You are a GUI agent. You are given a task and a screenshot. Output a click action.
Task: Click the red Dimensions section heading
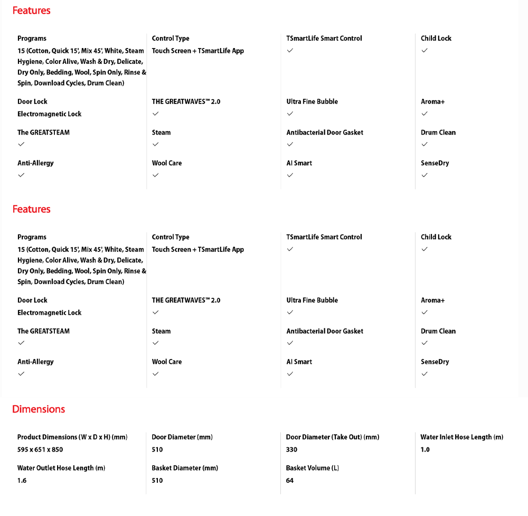click(39, 409)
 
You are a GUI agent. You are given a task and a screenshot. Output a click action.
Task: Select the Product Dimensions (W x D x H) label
click(72, 437)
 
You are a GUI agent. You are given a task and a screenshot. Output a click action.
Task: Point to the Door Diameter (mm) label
click(182, 437)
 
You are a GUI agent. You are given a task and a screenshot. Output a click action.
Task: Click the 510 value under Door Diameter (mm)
click(157, 449)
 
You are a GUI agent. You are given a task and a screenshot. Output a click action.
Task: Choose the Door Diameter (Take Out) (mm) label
click(333, 437)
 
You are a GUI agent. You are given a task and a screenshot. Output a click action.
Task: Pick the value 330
click(291, 449)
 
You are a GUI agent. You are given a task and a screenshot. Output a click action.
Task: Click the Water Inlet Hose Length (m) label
click(461, 437)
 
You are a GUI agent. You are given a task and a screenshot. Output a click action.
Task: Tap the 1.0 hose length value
click(425, 449)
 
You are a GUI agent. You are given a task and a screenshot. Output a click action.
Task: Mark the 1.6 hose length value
click(22, 481)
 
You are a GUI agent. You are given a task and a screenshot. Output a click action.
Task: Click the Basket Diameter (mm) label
click(185, 468)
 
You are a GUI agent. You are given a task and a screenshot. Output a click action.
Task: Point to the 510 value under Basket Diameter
click(157, 481)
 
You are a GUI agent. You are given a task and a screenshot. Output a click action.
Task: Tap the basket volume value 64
click(290, 481)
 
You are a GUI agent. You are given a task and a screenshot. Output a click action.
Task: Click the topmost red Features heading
click(32, 11)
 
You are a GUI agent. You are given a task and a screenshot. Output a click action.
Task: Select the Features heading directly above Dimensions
click(32, 209)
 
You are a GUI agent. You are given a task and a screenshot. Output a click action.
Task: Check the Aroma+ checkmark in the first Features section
click(425, 114)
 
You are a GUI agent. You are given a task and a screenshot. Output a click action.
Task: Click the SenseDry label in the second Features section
click(435, 362)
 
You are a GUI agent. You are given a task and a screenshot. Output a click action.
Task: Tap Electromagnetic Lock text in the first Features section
click(50, 114)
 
